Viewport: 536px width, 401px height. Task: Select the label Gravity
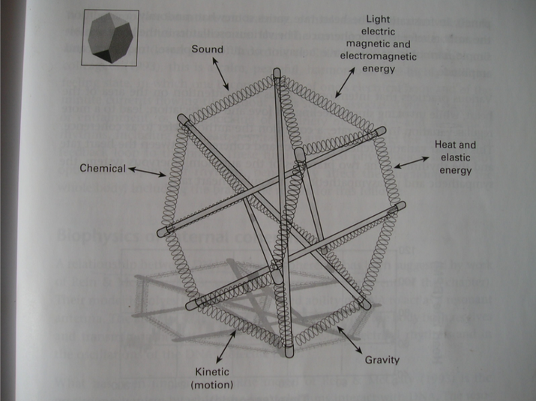click(382, 360)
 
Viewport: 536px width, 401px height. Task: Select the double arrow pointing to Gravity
click(349, 338)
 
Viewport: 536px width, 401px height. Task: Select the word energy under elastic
click(457, 170)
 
